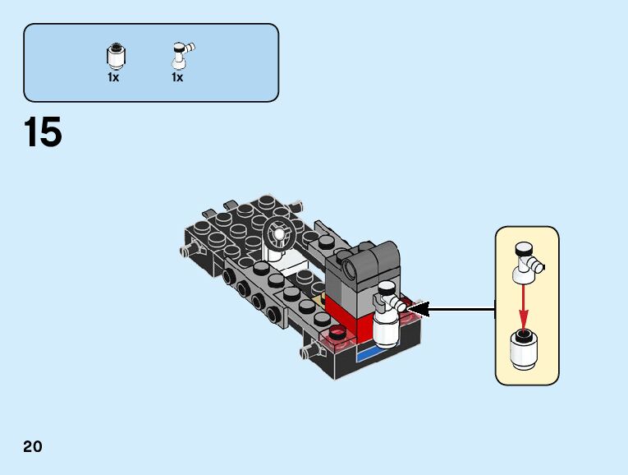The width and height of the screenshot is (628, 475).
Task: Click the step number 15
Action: [44, 133]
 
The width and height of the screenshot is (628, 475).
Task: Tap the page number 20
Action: [33, 447]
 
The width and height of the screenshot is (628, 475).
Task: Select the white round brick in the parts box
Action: [115, 57]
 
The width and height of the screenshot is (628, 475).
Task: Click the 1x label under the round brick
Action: [113, 78]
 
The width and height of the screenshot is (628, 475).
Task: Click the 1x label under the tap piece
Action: [177, 78]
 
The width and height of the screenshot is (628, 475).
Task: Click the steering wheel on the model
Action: [278, 233]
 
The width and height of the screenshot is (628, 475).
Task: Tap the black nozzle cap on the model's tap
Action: [384, 288]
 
